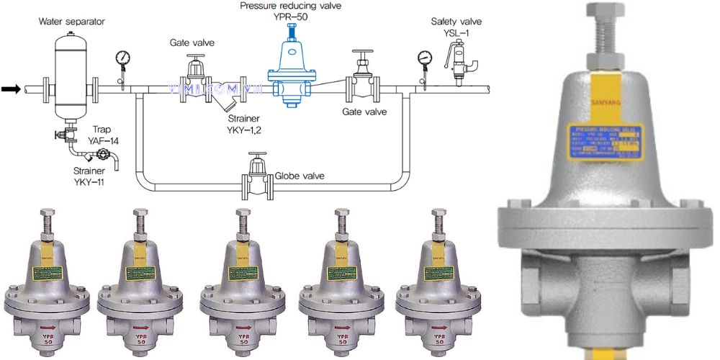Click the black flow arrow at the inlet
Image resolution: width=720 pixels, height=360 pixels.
pyautogui.click(x=11, y=89)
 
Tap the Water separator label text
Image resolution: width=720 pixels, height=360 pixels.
pyautogui.click(x=71, y=22)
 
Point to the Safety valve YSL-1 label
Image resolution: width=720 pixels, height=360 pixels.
pyautogui.click(x=456, y=27)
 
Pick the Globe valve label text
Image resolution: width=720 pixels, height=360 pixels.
pyautogui.click(x=299, y=176)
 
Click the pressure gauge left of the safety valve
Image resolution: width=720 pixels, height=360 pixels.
pyautogui.click(x=423, y=59)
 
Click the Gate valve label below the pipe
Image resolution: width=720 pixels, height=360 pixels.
pyautogui.click(x=364, y=112)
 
